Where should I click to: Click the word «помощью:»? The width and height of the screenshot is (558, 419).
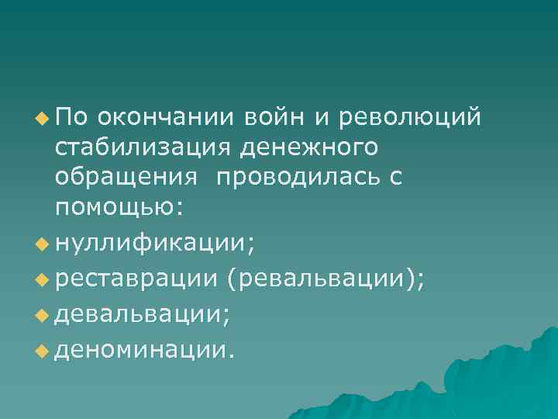119,207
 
